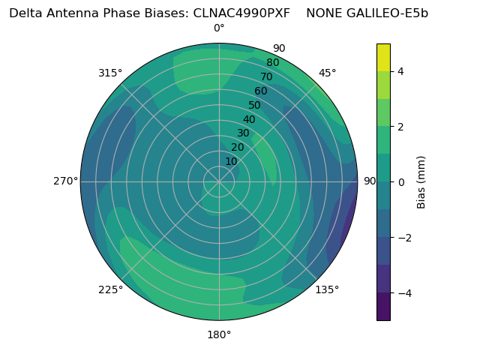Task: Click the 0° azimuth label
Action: (219, 28)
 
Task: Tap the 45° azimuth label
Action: (327, 73)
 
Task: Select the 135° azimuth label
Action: (327, 289)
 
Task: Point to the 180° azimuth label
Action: (219, 335)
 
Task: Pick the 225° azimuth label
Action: (110, 289)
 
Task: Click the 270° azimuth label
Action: (65, 181)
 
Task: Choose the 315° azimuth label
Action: (110, 73)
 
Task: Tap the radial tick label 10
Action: (231, 162)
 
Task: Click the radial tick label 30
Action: (243, 133)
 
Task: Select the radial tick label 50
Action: (254, 105)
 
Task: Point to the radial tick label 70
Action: (266, 76)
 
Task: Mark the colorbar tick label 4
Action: (400, 71)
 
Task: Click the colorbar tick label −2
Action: (405, 238)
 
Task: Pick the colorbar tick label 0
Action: (400, 182)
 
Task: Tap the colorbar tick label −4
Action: (405, 293)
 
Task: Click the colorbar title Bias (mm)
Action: (421, 182)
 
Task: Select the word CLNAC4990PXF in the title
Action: (241, 13)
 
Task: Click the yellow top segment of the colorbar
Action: (383, 58)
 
